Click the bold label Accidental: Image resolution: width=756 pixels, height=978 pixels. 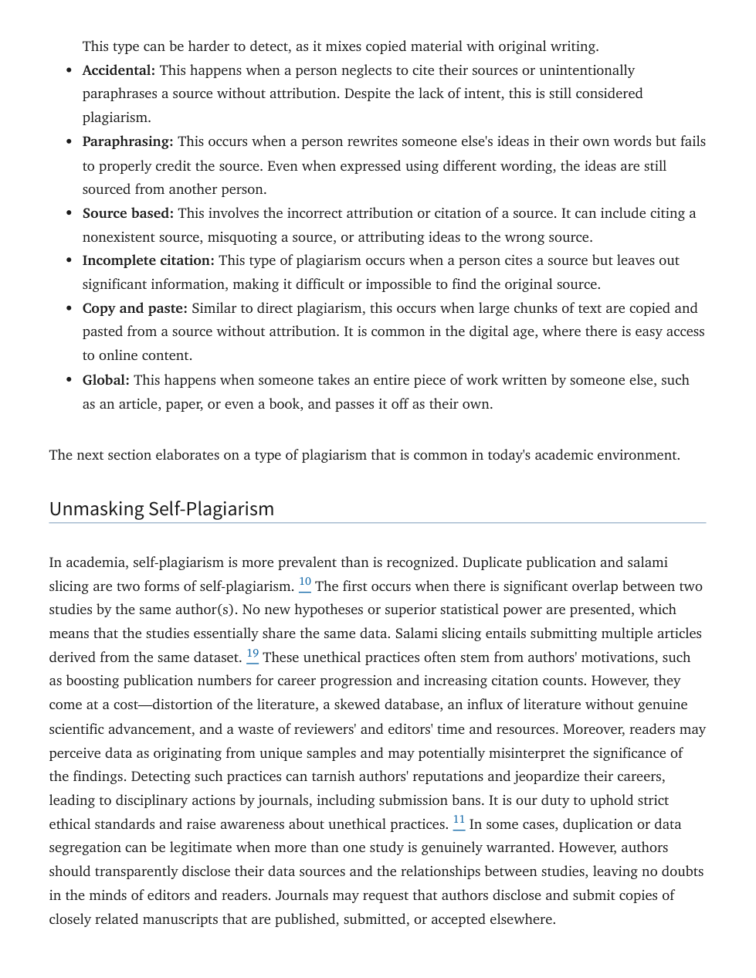(118, 70)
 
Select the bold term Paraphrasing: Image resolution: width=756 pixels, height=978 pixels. (127, 141)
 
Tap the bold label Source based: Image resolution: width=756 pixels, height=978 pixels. (127, 213)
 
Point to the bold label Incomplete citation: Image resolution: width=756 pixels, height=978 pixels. (148, 260)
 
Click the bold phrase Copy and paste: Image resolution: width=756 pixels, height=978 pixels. (134, 308)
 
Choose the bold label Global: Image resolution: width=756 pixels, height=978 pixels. (106, 380)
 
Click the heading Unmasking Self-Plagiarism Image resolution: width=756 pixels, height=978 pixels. (161, 508)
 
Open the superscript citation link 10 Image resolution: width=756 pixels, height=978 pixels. (305, 582)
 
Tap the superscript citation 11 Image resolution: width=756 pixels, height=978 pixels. (459, 820)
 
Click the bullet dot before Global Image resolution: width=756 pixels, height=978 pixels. (69, 380)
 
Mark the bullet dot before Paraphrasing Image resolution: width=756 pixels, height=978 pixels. (69, 142)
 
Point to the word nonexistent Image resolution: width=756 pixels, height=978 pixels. (120, 237)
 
